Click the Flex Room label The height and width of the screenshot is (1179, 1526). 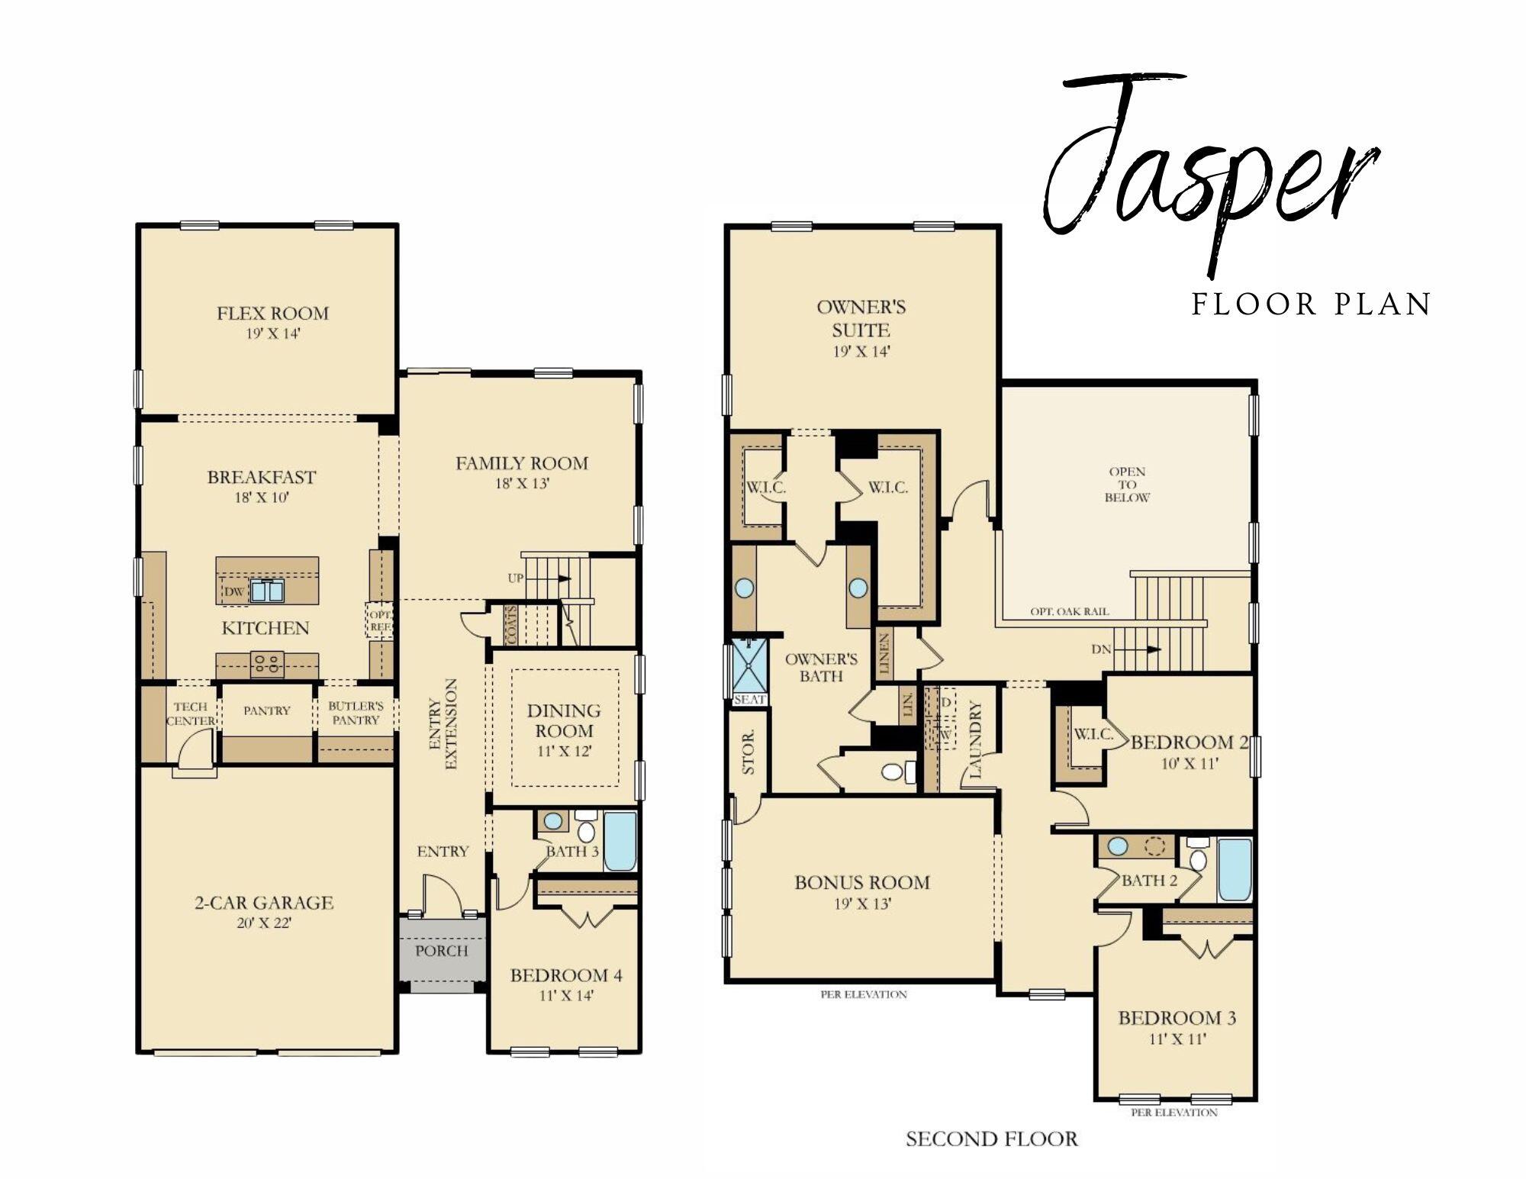(x=272, y=313)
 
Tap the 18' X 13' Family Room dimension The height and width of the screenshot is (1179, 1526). (x=522, y=484)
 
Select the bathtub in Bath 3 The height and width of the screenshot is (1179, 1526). (x=620, y=842)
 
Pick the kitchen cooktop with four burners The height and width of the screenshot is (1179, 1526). (x=267, y=664)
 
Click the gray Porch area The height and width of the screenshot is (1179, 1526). (x=443, y=954)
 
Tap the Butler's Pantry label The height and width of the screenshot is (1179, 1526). (x=356, y=713)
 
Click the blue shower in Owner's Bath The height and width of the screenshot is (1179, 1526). (x=749, y=667)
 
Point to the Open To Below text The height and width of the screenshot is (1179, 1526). (x=1127, y=485)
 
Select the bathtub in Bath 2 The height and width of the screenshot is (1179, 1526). (x=1234, y=870)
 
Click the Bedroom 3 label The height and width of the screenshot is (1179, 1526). (x=1177, y=1017)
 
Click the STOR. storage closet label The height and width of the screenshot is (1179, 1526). (x=749, y=752)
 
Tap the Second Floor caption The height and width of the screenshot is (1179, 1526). (x=991, y=1139)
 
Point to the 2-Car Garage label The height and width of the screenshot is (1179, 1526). (x=264, y=903)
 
